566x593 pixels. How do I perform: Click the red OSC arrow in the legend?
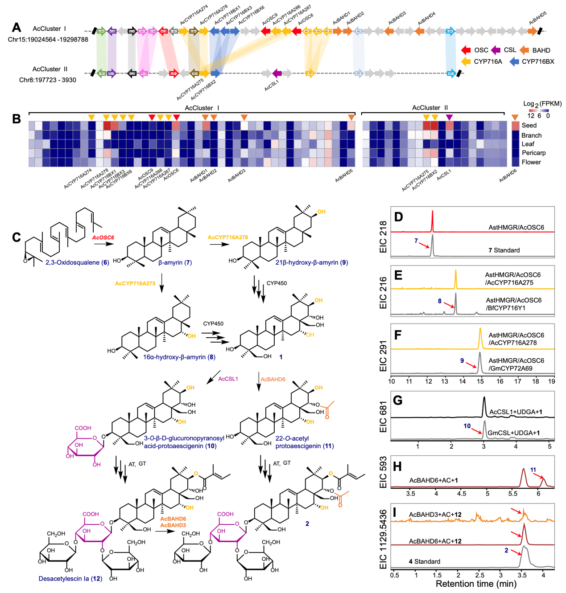(x=466, y=50)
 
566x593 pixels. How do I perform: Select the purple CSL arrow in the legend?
(x=496, y=50)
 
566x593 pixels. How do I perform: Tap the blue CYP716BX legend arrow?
(x=514, y=61)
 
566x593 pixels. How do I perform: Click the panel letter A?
(x=17, y=28)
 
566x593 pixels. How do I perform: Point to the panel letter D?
(x=398, y=217)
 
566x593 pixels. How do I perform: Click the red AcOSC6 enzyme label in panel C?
(x=103, y=237)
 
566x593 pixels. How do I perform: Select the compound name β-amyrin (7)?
(x=175, y=262)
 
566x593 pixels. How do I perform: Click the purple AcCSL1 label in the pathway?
(x=228, y=379)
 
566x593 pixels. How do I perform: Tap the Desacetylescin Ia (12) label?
(x=70, y=579)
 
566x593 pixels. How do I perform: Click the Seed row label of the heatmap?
(x=529, y=125)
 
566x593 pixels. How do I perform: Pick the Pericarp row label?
(x=533, y=153)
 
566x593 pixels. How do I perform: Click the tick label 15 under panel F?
(x=480, y=381)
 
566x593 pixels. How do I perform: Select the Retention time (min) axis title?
(x=476, y=584)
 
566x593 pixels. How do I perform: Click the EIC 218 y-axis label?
(x=383, y=237)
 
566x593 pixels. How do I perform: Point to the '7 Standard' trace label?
(x=504, y=250)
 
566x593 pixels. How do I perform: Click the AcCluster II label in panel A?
(x=50, y=69)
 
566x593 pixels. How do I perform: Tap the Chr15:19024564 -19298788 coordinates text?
(x=48, y=39)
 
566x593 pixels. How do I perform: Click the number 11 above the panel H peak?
(x=533, y=470)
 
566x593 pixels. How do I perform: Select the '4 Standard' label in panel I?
(x=424, y=561)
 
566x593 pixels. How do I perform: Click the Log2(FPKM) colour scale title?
(x=542, y=104)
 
